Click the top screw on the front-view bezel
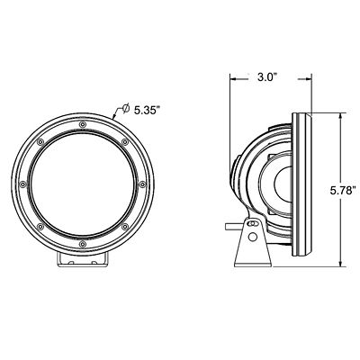coord(81,123)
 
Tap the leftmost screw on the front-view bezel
coord(21,184)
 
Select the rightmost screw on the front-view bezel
coord(141,184)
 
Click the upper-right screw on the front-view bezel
coord(123,141)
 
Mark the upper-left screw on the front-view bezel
coord(39,141)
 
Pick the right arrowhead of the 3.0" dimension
coord(294,78)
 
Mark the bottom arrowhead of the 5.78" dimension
coord(340,265)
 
